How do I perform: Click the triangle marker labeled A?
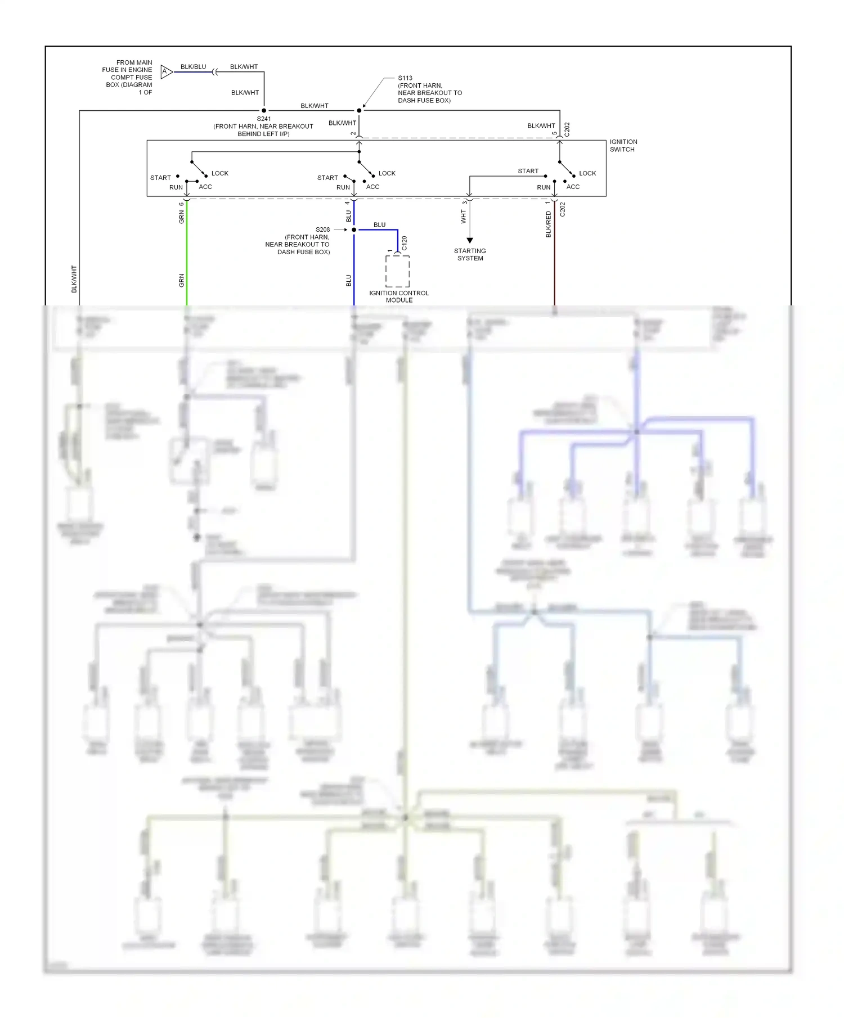click(x=166, y=71)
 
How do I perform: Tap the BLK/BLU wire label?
click(x=193, y=67)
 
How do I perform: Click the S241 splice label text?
click(x=263, y=119)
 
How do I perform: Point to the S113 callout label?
click(x=405, y=78)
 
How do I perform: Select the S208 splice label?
click(x=322, y=229)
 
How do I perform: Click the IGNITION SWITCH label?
click(x=623, y=146)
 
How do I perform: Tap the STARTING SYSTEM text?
click(x=470, y=255)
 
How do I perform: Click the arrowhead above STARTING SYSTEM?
click(x=470, y=241)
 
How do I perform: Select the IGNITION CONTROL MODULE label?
click(x=399, y=296)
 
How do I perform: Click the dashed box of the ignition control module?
click(x=397, y=272)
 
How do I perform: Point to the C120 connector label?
click(x=405, y=243)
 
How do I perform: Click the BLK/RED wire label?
click(x=549, y=224)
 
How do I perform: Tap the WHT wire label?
click(x=464, y=217)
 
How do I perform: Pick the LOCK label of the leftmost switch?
click(x=220, y=173)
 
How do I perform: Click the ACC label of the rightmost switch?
click(x=573, y=187)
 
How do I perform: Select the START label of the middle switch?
click(x=327, y=178)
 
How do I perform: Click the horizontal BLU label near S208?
click(x=380, y=225)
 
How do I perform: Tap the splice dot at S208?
click(x=354, y=230)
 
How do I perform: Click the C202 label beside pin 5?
click(x=567, y=129)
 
